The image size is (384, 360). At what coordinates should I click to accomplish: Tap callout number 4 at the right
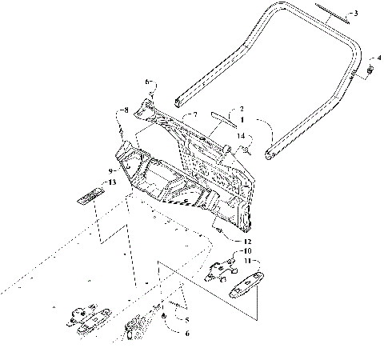(378, 58)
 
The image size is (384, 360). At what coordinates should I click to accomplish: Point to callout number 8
(125, 110)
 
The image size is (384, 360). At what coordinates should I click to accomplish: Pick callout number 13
(112, 183)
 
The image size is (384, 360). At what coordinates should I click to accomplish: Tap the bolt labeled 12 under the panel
(218, 229)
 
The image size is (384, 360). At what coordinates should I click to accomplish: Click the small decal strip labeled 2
(218, 114)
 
